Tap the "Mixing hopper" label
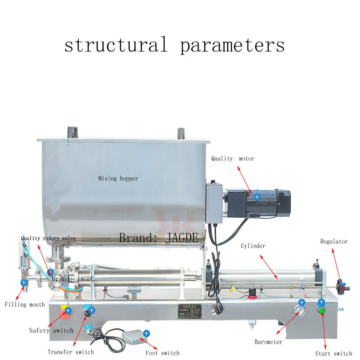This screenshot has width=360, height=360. pyautogui.click(x=118, y=178)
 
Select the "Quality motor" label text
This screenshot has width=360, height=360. pyautogui.click(x=233, y=158)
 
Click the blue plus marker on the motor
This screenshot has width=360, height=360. pyautogui.click(x=257, y=197)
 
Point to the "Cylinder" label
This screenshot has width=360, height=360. pyautogui.click(x=253, y=246)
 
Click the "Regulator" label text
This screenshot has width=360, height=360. pyautogui.click(x=334, y=242)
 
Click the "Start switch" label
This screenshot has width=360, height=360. pyautogui.click(x=333, y=353)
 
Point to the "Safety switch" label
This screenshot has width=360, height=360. pyautogui.click(x=51, y=331)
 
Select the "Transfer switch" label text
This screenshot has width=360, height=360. pyautogui.click(x=71, y=352)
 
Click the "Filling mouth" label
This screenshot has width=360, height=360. pyautogui.click(x=25, y=305)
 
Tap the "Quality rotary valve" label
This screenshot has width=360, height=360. pyautogui.click(x=48, y=238)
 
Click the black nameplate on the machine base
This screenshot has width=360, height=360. pyautogui.click(x=187, y=311)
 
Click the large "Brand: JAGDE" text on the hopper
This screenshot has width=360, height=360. pyautogui.click(x=158, y=238)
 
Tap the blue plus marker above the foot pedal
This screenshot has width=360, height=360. pyautogui.click(x=147, y=333)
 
